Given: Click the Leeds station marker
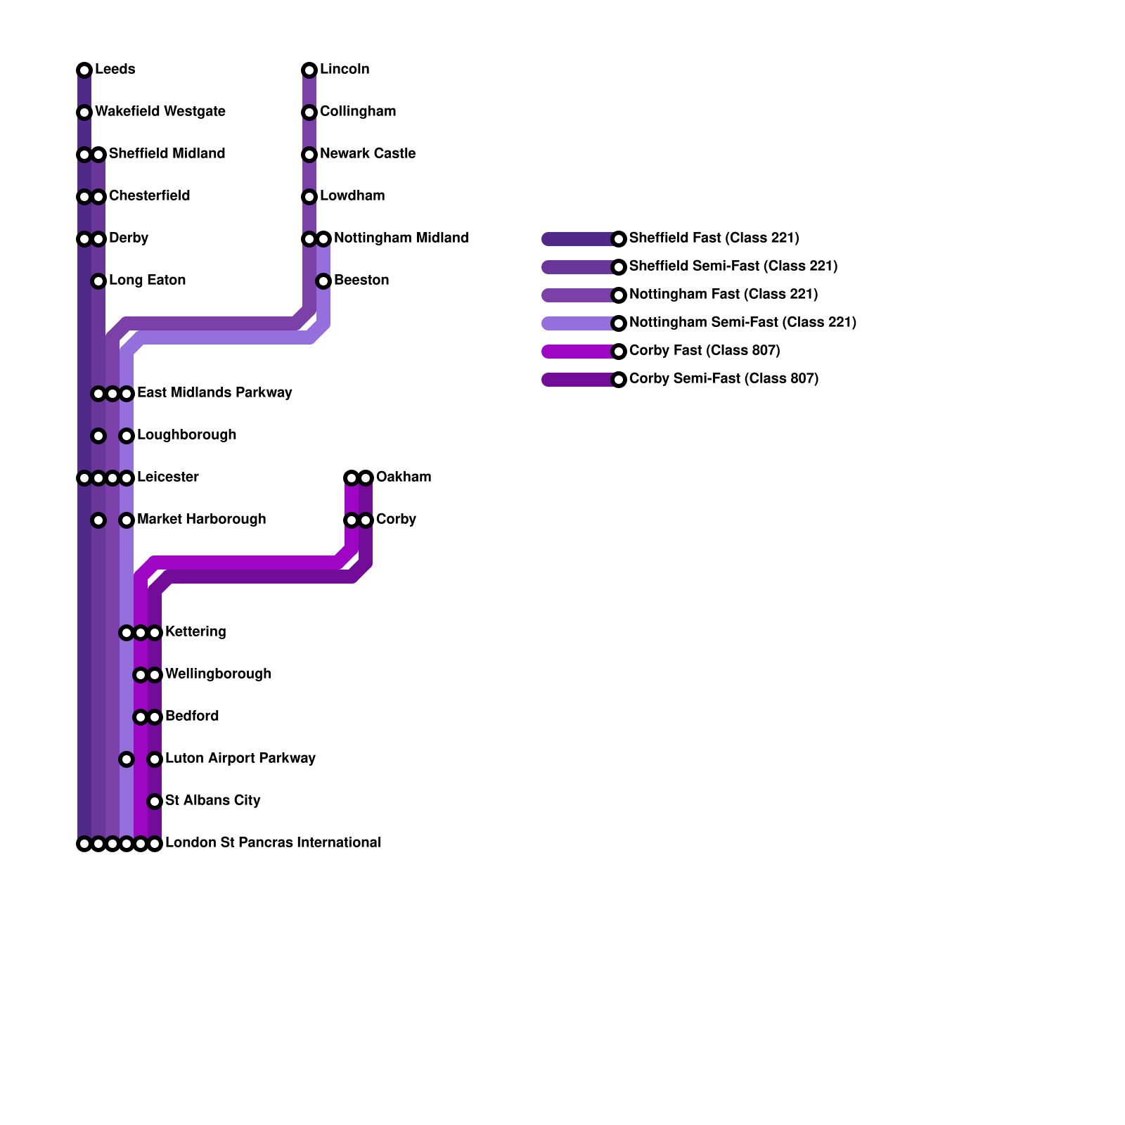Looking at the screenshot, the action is click(x=84, y=70).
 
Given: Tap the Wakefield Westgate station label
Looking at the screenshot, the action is click(x=160, y=112).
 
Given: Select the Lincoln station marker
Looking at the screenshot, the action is click(x=309, y=70).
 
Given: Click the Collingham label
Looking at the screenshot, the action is click(x=357, y=112).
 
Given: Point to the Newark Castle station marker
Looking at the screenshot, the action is click(x=309, y=155).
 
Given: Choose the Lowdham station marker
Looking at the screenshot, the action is click(x=309, y=197).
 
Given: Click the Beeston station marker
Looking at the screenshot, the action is click(x=323, y=281).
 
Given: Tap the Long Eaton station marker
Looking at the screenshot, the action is click(x=98, y=281).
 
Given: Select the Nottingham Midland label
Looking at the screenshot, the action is click(x=401, y=238).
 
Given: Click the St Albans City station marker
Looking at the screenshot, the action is click(x=155, y=802).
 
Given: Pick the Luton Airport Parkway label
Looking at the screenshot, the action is click(x=240, y=759).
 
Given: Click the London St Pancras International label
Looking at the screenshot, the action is click(x=273, y=843).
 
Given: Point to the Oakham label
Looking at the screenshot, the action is click(x=403, y=477).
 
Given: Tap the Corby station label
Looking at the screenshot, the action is click(x=396, y=520).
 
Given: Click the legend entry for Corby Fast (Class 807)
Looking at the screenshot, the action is click(x=704, y=351).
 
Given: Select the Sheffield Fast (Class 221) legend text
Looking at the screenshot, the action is click(x=714, y=238).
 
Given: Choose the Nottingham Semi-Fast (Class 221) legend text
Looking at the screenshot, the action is click(x=742, y=323).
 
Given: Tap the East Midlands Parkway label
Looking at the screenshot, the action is click(x=214, y=393).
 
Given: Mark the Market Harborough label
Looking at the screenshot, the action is click(x=201, y=520).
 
